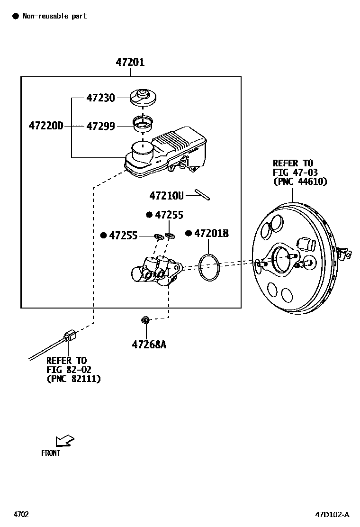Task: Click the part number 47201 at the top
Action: click(130, 62)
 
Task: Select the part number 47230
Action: click(100, 98)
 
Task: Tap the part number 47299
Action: click(100, 126)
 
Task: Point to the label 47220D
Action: click(45, 126)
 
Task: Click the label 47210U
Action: click(166, 195)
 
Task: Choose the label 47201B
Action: click(211, 233)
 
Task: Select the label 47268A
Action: click(149, 345)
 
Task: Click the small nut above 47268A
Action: click(146, 321)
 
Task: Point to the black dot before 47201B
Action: click(188, 233)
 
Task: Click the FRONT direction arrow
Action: click(64, 441)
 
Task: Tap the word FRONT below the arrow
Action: click(51, 453)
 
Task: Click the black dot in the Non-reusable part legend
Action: click(15, 16)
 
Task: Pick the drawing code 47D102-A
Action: click(332, 515)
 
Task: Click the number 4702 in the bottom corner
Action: click(21, 515)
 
